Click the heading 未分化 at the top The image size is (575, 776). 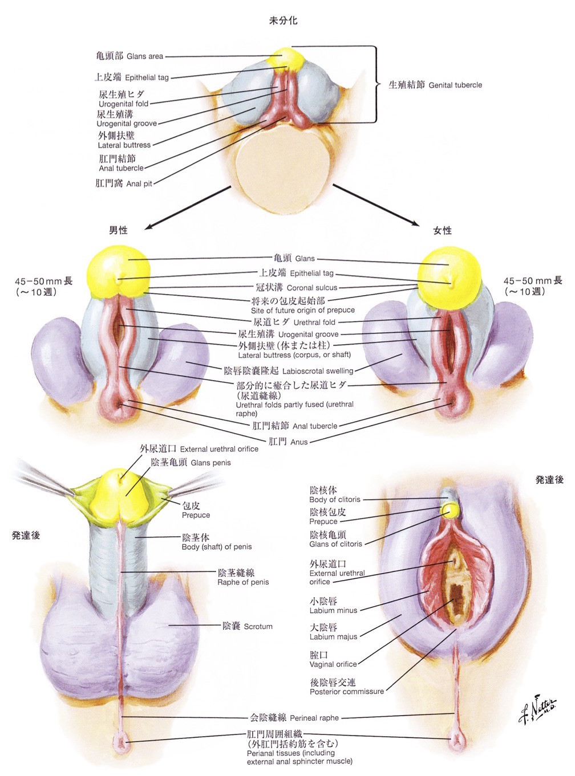(x=283, y=21)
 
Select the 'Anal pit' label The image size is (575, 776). (x=124, y=183)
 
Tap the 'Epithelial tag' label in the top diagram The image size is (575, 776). (x=132, y=77)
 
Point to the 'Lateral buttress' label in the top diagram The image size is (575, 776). (x=124, y=140)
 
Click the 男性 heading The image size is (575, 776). (x=118, y=230)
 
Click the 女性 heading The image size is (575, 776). (x=442, y=230)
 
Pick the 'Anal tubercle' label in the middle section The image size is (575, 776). (x=294, y=426)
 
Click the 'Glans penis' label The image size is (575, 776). (x=191, y=463)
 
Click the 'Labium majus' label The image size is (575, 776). (x=333, y=632)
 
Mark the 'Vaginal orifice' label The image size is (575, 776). (x=333, y=660)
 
